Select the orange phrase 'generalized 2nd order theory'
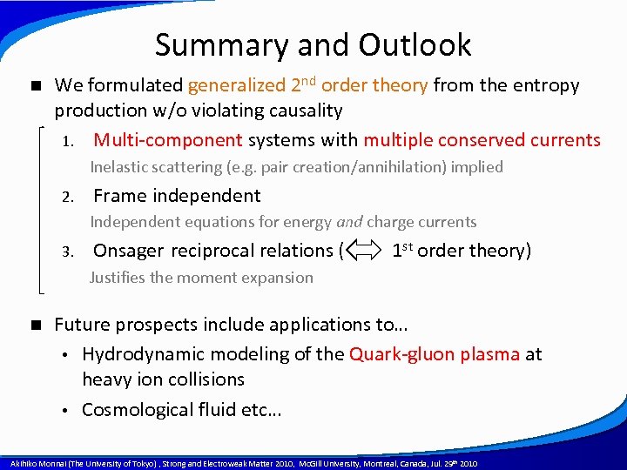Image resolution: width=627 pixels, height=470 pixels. click(307, 85)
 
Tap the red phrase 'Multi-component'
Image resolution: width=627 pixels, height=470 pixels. click(168, 140)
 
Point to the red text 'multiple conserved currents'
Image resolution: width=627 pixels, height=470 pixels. click(482, 140)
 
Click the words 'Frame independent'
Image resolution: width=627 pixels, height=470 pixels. click(177, 196)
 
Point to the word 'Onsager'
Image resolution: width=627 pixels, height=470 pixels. click(129, 252)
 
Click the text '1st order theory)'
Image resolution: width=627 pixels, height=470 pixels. click(461, 251)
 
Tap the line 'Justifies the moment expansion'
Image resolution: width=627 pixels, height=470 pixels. click(201, 278)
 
